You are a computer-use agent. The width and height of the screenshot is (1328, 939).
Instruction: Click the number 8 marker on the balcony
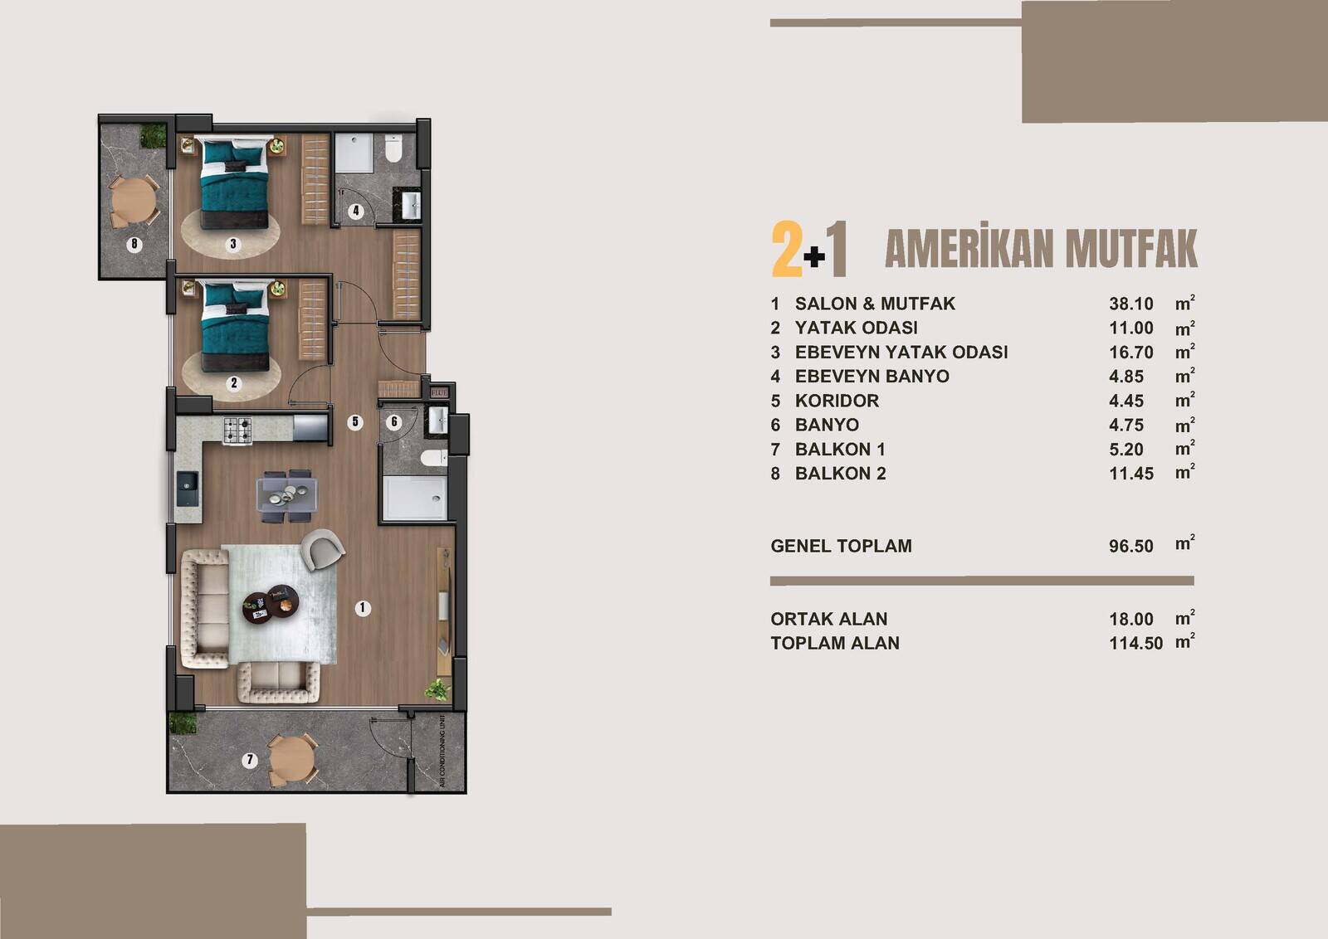click(x=134, y=243)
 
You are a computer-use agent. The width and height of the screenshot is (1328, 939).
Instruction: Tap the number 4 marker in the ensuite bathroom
click(x=356, y=211)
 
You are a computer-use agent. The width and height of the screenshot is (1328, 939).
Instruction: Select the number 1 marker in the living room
click(x=362, y=607)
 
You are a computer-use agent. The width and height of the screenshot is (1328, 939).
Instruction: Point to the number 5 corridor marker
click(x=355, y=422)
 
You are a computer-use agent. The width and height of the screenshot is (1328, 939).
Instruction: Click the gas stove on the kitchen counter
click(x=237, y=431)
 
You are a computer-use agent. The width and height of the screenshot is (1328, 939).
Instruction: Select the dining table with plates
click(x=287, y=495)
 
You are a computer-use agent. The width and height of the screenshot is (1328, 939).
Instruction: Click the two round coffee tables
click(x=270, y=602)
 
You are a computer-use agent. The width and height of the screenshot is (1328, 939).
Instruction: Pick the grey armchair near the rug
click(x=322, y=548)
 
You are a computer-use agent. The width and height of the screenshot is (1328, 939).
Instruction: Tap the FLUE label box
click(x=439, y=392)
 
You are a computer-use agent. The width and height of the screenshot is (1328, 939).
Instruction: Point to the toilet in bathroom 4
click(x=393, y=148)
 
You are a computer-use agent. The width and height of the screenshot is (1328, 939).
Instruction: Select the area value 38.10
click(x=1131, y=304)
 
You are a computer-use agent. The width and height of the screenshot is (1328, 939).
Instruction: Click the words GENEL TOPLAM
click(x=842, y=546)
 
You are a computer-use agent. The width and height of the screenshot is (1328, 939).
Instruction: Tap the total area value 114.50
click(x=1136, y=644)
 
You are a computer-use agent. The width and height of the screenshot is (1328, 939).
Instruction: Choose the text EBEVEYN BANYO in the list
click(x=872, y=377)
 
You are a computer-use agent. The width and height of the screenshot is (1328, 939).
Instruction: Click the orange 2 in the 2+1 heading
click(x=787, y=249)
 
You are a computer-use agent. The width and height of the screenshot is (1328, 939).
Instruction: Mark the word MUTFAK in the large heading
click(x=1131, y=250)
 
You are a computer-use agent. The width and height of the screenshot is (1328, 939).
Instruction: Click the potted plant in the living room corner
click(x=437, y=689)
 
